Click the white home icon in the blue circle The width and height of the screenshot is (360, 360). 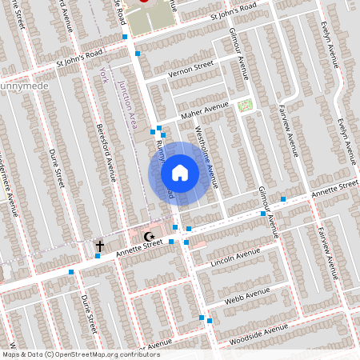coord(180,172)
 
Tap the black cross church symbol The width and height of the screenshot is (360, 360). coord(100,246)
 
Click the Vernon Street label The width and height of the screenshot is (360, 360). coord(191,72)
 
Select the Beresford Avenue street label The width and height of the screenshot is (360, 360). coord(106,153)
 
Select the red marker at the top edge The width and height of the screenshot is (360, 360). coord(145,2)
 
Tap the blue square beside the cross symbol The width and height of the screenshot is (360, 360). coord(97,256)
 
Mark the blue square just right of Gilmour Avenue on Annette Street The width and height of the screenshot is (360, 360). coord(283,198)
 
